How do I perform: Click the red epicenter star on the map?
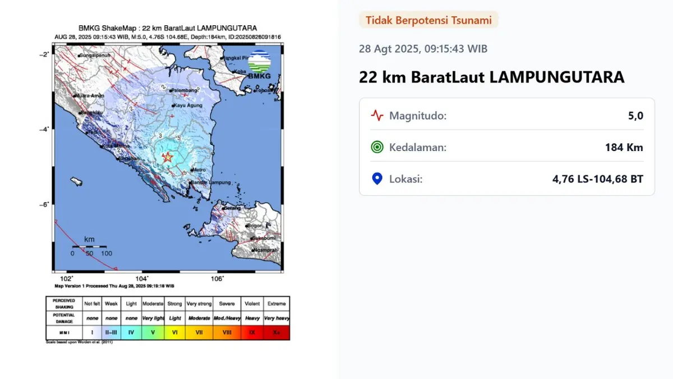[x=167, y=157]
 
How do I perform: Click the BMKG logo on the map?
[x=259, y=65]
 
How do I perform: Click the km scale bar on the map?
[x=89, y=246]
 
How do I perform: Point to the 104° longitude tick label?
[x=142, y=278]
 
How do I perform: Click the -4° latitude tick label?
[x=43, y=129]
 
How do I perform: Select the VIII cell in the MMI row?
[x=227, y=333]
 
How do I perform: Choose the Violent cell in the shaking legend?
[x=252, y=304]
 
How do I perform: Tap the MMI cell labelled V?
[x=152, y=333]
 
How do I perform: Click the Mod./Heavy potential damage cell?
[x=227, y=318]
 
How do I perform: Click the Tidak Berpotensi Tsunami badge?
[x=428, y=20]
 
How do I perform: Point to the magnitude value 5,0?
[x=635, y=116]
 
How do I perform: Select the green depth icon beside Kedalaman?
[x=377, y=148]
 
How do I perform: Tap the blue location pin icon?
[x=377, y=179]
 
